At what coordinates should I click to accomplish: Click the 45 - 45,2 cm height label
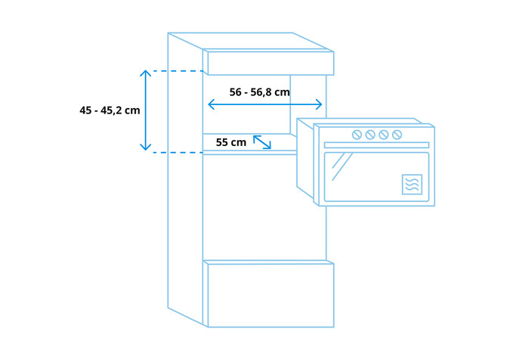[x=110, y=110]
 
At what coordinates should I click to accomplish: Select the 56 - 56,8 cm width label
[x=259, y=92]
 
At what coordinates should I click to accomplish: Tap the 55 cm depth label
[x=231, y=142]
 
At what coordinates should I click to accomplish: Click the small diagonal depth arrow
[x=262, y=142]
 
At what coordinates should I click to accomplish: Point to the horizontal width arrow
[x=265, y=104]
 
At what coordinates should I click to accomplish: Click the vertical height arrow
[x=145, y=110]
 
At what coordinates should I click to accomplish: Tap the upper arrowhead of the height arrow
[x=145, y=73]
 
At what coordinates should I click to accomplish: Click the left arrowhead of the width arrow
[x=211, y=104]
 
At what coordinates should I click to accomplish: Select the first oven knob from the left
[x=357, y=135]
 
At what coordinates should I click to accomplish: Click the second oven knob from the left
[x=370, y=135]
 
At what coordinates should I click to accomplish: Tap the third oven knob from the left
[x=384, y=135]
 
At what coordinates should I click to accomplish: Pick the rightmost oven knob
[x=397, y=135]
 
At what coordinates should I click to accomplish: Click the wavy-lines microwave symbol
[x=412, y=185]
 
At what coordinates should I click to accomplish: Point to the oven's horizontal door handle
[x=376, y=145]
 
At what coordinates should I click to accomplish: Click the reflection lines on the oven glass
[x=342, y=166]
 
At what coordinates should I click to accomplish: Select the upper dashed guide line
[x=178, y=71]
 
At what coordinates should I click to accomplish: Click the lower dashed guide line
[x=178, y=153]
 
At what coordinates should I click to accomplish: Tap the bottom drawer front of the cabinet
[x=271, y=295]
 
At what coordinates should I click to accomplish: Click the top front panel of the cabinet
[x=271, y=64]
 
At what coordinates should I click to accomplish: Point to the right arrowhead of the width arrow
[x=319, y=104]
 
